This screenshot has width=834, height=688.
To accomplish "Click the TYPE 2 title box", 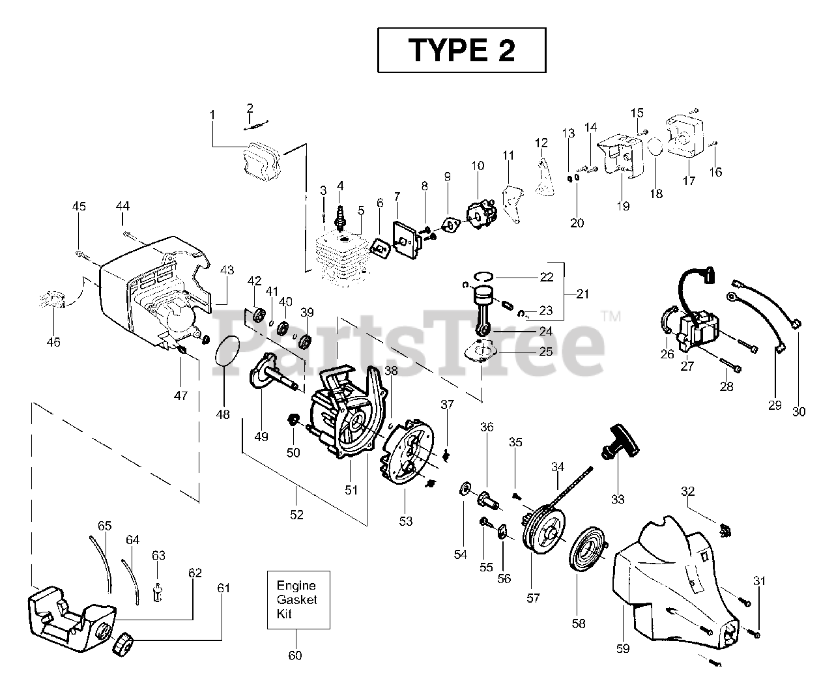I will click(461, 50).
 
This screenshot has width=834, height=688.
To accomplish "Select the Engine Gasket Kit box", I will click(298, 600).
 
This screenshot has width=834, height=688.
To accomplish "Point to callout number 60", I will click(295, 655).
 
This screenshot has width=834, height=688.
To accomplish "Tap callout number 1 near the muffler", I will click(212, 115).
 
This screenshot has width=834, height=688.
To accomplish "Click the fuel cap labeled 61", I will click(123, 645).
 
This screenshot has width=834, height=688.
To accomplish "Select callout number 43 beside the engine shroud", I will click(226, 270).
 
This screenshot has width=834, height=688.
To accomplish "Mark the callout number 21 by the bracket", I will click(582, 294).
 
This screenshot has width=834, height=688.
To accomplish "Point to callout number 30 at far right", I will click(799, 411).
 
